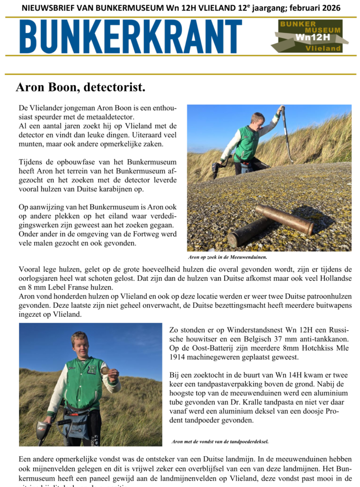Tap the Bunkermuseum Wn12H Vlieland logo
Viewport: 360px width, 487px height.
310,36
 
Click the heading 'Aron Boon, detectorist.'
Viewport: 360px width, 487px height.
80,88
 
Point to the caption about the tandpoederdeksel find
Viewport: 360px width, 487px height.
220,441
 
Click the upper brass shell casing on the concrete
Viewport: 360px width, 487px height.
284,219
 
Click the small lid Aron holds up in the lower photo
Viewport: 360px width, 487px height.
105,370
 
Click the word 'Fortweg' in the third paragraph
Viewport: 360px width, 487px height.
125,234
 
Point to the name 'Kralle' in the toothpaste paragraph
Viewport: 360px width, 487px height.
242,402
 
